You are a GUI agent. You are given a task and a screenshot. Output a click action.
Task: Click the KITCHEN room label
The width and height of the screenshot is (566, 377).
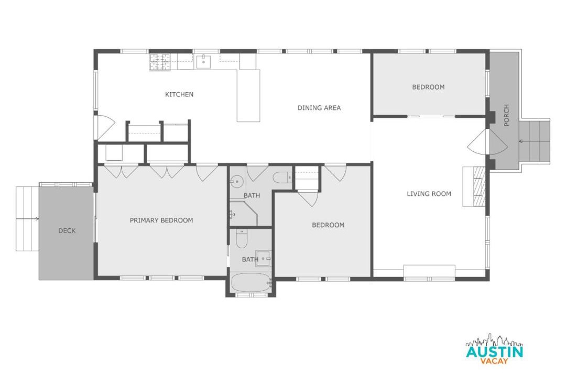tap(179, 95)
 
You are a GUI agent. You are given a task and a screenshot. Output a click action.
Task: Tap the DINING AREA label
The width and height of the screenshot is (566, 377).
tap(319, 107)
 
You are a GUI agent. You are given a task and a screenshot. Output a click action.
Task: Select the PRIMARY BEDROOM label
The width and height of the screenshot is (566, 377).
tap(161, 220)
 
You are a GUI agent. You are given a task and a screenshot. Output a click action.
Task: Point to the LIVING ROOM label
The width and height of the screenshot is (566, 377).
tap(429, 194)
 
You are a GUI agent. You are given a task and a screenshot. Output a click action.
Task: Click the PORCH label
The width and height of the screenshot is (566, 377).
tap(506, 115)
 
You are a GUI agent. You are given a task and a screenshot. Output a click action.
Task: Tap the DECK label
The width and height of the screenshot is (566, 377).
tap(67, 230)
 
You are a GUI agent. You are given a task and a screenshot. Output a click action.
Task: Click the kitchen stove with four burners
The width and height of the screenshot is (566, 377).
tap(159, 62)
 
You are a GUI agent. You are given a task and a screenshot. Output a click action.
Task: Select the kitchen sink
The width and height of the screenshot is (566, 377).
tap(204, 62)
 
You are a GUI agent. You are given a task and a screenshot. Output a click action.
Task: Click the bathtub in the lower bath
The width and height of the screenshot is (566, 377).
tap(251, 283)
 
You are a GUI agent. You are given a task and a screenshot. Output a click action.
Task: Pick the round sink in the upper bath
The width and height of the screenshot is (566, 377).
tap(237, 182)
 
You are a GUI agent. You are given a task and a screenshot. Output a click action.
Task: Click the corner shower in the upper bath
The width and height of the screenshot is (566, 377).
tap(244, 214)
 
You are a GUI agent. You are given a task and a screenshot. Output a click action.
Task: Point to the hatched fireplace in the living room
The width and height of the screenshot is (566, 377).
tap(478, 186)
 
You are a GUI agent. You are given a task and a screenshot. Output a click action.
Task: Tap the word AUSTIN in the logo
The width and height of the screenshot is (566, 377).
tap(494, 351)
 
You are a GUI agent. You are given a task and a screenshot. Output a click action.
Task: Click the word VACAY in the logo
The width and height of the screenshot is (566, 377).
tap(494, 361)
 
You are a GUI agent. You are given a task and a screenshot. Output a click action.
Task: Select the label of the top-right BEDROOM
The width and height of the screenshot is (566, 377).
tap(428, 87)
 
